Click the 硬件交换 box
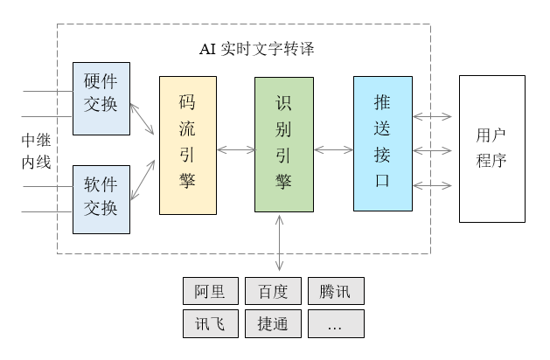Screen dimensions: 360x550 101,98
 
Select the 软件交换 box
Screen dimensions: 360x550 101,198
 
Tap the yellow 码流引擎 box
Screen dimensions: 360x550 188,145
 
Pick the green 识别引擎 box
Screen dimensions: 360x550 283,144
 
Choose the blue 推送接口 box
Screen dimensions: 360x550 382,143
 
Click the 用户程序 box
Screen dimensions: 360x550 491,149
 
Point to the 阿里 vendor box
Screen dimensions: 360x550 211,291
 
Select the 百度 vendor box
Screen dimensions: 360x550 273,291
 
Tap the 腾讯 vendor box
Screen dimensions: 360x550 336,291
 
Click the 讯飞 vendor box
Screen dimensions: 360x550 211,323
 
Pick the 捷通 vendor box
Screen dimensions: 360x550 273,323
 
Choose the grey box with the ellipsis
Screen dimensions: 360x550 336,323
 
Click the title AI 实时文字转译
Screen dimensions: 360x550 256,49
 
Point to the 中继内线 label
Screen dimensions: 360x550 37,150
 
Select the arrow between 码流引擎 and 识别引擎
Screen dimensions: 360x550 235,149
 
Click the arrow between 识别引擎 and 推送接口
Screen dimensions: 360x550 333,149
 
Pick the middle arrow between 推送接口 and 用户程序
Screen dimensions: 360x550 432,150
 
